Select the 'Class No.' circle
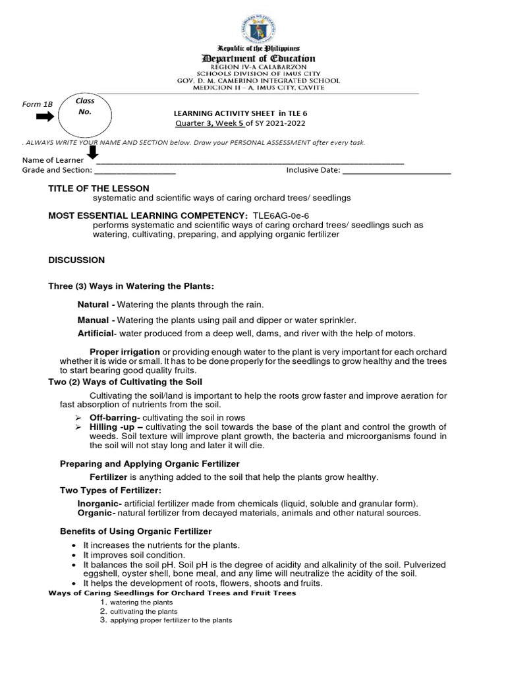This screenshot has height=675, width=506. pyautogui.click(x=85, y=117)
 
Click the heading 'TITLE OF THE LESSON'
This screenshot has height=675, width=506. pyautogui.click(x=99, y=189)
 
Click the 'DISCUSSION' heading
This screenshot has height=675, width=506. pyautogui.click(x=76, y=260)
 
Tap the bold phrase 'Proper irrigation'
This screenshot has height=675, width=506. pyautogui.click(x=125, y=351)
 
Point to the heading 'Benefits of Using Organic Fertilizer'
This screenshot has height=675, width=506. pyautogui.click(x=136, y=531)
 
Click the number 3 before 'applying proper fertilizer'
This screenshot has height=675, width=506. pyautogui.click(x=103, y=620)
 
